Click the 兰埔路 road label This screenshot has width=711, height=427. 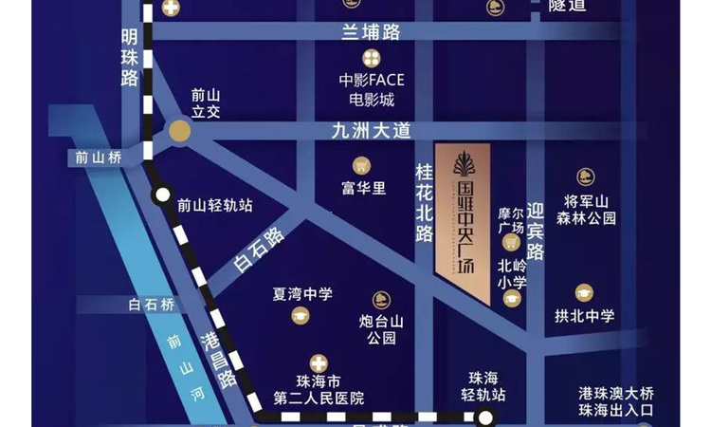pyautogui.click(x=372, y=33)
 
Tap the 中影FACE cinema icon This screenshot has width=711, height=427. pyautogui.click(x=372, y=59)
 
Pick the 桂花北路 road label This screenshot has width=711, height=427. pyautogui.click(x=424, y=200)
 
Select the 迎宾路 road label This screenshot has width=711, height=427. pyautogui.click(x=537, y=232)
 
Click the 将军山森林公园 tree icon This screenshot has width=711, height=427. pyautogui.click(x=585, y=176)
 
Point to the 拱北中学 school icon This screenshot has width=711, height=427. pyautogui.click(x=584, y=293)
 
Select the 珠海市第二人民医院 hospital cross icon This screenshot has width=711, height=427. pyautogui.click(x=319, y=362)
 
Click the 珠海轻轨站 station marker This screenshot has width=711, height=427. pyautogui.click(x=485, y=418)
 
